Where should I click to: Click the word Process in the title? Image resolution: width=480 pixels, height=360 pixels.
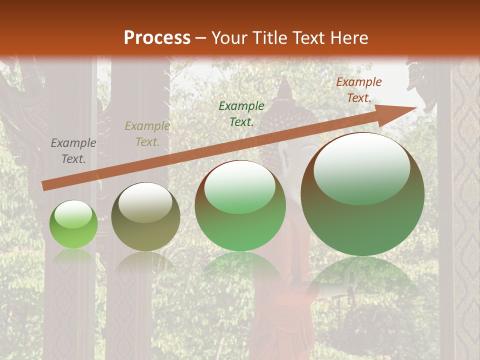click(x=157, y=38)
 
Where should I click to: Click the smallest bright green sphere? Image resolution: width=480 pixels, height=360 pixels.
click(x=73, y=224)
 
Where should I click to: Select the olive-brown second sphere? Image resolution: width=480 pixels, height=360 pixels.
click(x=145, y=217)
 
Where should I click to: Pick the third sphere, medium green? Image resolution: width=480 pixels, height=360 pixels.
click(x=240, y=206)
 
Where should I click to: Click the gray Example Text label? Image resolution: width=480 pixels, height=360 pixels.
click(x=73, y=151)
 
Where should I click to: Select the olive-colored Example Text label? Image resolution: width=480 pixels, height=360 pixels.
click(x=147, y=134)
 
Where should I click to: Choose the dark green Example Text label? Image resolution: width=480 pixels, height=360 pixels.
click(x=241, y=113)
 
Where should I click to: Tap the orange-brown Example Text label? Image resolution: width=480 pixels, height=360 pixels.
click(x=359, y=90)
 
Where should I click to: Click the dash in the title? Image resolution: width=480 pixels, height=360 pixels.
click(x=201, y=38)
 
